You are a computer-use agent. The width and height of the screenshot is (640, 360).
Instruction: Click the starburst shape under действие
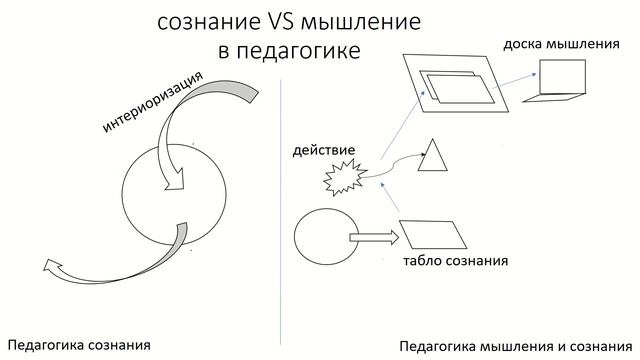point(338,181)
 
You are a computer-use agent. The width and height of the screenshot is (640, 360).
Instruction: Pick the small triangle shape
point(431,157)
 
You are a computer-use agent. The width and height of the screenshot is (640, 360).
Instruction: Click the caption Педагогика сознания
point(78,344)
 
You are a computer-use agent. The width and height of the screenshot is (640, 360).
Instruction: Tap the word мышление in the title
point(350,21)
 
